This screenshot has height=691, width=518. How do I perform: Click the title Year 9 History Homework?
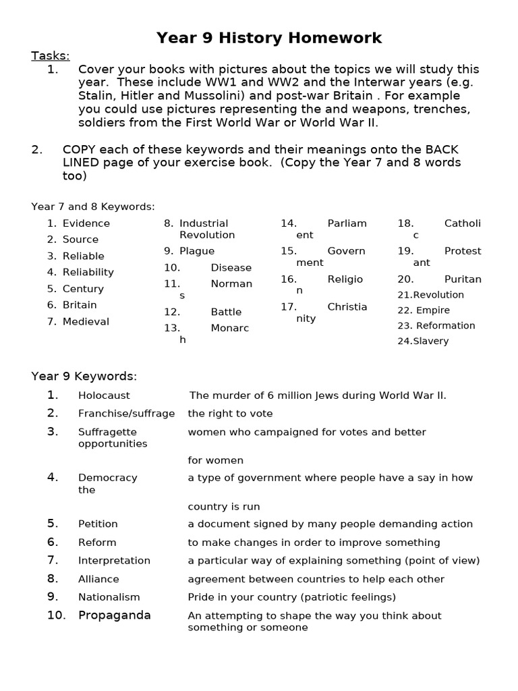(268, 38)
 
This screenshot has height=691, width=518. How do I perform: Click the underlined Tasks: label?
(51, 55)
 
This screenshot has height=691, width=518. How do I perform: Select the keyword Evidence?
(86, 223)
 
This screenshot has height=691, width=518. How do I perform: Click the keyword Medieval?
(86, 322)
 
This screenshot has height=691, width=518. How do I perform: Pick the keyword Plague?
(197, 251)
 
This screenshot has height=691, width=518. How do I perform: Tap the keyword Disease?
(231, 268)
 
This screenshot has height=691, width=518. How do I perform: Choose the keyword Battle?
(226, 312)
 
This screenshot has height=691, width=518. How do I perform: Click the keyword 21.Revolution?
(431, 295)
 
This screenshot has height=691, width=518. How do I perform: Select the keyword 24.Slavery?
(423, 341)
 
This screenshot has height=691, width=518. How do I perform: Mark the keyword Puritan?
(463, 279)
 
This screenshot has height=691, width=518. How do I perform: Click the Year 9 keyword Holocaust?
(104, 395)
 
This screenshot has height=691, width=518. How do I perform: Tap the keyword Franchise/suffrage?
(126, 414)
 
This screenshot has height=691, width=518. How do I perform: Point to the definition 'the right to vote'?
(230, 414)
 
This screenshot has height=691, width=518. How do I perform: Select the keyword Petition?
(98, 524)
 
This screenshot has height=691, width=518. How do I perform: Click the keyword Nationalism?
(109, 597)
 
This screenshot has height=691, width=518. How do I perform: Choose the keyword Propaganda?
(114, 615)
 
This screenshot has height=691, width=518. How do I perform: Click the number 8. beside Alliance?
(53, 579)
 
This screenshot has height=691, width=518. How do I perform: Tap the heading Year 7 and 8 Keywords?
(93, 206)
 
